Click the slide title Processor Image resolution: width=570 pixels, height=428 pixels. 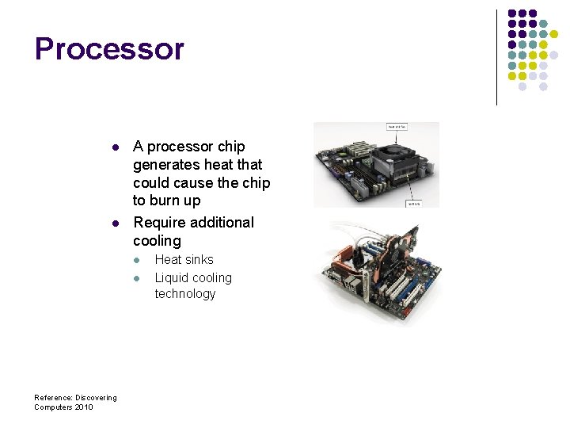tap(109, 49)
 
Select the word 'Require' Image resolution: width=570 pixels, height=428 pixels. tap(160, 223)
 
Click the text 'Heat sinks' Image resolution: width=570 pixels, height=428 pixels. tap(184, 260)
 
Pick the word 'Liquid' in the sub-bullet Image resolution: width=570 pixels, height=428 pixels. tap(172, 278)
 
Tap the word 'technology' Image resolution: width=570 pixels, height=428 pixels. tap(185, 294)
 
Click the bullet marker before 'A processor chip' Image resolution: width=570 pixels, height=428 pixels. tap(115, 147)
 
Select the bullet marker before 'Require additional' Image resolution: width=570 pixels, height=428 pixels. tap(115, 224)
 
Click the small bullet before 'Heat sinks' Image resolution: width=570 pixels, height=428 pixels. tap(136, 261)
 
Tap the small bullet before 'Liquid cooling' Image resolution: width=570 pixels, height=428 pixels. tap(136, 278)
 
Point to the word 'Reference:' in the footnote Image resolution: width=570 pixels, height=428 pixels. tap(53, 398)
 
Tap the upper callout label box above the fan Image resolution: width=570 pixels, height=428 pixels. tap(397, 126)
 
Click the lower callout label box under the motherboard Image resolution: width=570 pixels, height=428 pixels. tap(412, 203)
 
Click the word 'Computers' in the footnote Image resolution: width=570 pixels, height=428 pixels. tap(51, 407)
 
